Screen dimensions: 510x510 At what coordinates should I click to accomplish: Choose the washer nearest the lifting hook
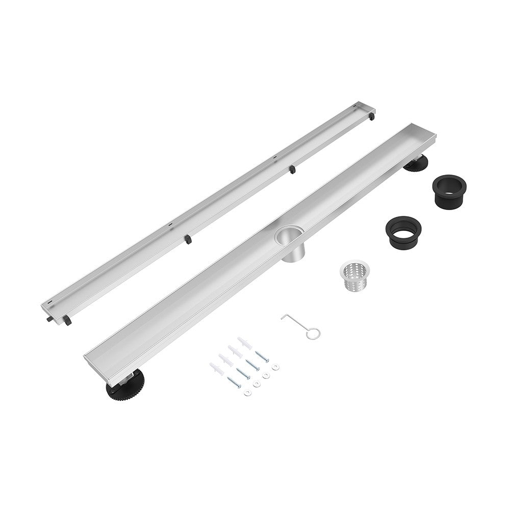tap(276, 366)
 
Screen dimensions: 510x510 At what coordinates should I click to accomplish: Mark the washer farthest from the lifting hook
tap(247, 392)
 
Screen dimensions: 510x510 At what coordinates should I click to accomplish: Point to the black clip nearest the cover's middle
tap(292, 169)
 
